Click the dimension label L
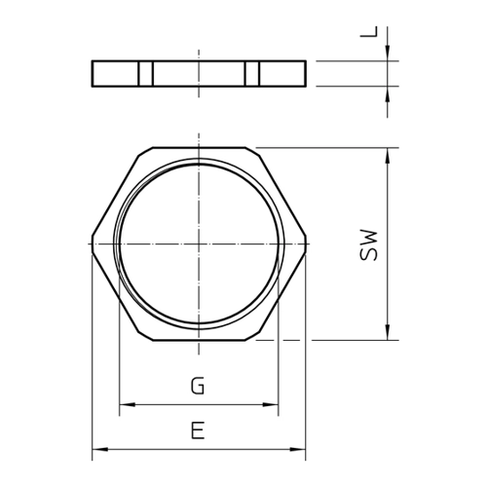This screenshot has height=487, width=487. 369,32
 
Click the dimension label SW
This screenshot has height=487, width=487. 369,245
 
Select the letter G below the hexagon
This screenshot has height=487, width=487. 198,386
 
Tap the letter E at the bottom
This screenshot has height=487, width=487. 198,431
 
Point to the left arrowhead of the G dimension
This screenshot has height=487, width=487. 128,405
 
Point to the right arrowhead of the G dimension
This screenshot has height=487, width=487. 270,405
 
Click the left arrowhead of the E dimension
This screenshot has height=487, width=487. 100,449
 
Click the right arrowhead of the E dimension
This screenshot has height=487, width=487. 298,449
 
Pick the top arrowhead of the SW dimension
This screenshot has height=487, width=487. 388,156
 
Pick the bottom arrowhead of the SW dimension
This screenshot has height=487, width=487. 388,332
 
